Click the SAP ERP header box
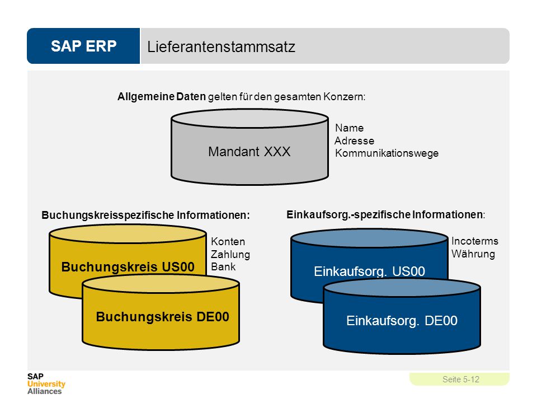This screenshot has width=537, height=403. [x=83, y=46]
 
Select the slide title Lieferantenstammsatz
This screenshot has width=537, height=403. [x=222, y=47]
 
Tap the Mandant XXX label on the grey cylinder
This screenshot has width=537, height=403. [x=249, y=152]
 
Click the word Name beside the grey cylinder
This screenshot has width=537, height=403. [x=349, y=128]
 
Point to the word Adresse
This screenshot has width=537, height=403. [x=354, y=140]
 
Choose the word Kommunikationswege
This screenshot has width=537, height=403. [x=387, y=153]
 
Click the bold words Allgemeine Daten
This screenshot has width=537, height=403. [x=161, y=97]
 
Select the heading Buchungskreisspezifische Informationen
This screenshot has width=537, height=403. [x=145, y=215]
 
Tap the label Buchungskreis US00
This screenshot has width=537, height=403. [x=128, y=266]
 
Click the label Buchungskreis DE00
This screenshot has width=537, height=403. [x=162, y=317]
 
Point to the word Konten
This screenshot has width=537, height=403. [x=228, y=242]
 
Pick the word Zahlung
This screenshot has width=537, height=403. [x=230, y=254]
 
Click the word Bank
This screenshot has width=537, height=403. [x=223, y=266]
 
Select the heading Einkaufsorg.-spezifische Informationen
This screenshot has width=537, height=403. [x=385, y=215]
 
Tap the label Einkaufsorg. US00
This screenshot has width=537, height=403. [x=369, y=271]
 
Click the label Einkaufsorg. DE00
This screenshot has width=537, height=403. [x=402, y=321]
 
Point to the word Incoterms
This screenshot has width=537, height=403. [x=475, y=241]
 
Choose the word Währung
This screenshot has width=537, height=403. [x=473, y=254]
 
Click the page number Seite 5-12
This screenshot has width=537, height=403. [x=460, y=379]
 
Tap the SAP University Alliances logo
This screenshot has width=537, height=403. [x=46, y=384]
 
